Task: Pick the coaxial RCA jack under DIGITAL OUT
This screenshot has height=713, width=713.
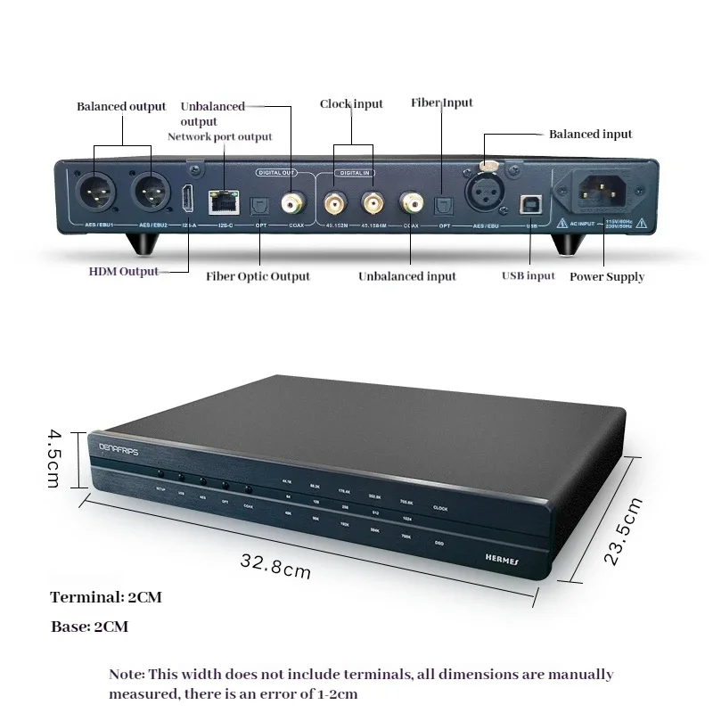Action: click(x=291, y=204)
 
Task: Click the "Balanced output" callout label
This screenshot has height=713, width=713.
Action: click(x=121, y=107)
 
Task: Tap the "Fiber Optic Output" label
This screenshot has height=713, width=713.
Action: click(x=258, y=276)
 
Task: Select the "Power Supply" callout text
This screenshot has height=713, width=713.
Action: click(x=607, y=277)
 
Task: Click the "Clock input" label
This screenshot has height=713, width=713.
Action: click(x=351, y=104)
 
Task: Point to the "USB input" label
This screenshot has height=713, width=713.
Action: click(x=528, y=276)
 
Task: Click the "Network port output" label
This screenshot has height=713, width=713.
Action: click(x=220, y=136)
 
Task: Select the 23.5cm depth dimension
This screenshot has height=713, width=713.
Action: click(x=624, y=531)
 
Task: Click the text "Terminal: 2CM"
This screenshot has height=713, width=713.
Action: click(x=106, y=597)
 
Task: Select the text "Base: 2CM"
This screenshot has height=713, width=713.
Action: click(x=89, y=627)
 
